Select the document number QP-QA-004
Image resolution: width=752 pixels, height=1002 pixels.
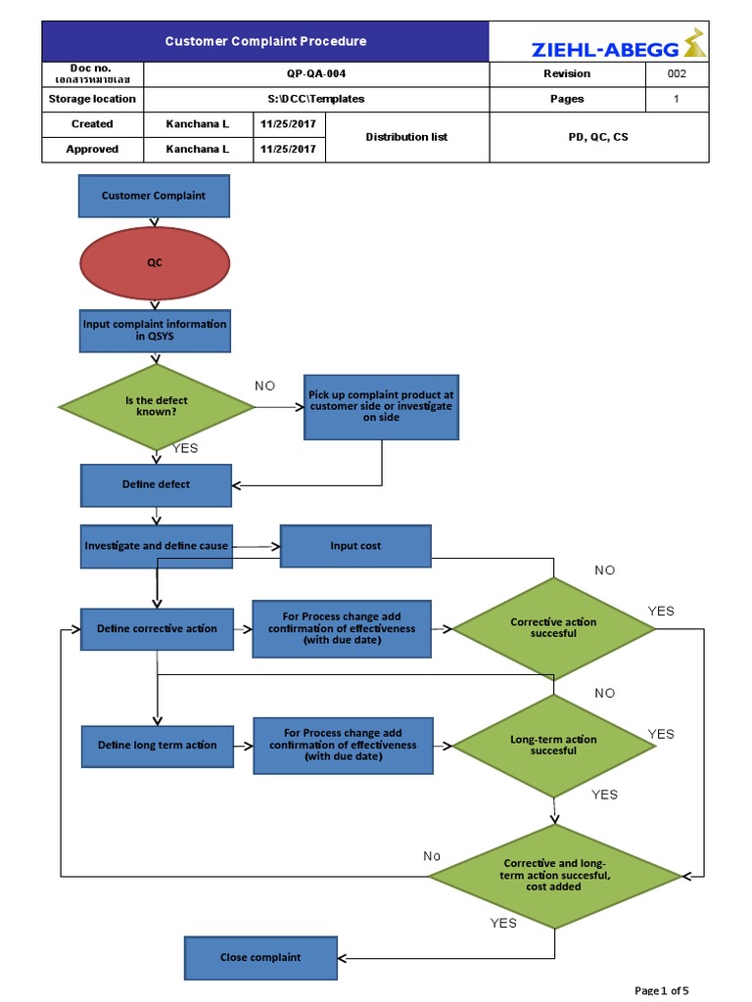tap(315, 73)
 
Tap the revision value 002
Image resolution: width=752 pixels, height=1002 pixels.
tap(676, 73)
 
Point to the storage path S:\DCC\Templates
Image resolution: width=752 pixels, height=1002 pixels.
tap(315, 99)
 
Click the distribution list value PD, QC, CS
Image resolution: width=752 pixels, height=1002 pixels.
tap(598, 137)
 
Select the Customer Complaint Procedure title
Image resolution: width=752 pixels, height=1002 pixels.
tap(265, 41)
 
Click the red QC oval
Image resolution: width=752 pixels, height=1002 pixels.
tap(155, 262)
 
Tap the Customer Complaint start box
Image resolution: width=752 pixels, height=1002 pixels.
tap(154, 196)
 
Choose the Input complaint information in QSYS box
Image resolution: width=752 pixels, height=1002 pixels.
tap(155, 330)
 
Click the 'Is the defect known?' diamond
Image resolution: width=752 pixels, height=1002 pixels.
tap(157, 406)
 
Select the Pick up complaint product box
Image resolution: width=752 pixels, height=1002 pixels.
tap(381, 406)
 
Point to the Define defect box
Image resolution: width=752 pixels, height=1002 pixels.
tap(156, 484)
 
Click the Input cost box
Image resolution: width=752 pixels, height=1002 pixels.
tap(355, 546)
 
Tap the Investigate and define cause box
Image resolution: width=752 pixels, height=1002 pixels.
tap(156, 546)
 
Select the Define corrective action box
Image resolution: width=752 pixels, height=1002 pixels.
tap(157, 628)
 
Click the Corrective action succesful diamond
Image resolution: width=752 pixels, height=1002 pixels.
tap(553, 628)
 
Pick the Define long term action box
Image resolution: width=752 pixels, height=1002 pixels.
tap(157, 746)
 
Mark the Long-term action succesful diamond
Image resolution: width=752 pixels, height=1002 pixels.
tap(553, 746)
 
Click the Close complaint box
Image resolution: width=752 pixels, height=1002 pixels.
tap(259, 957)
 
